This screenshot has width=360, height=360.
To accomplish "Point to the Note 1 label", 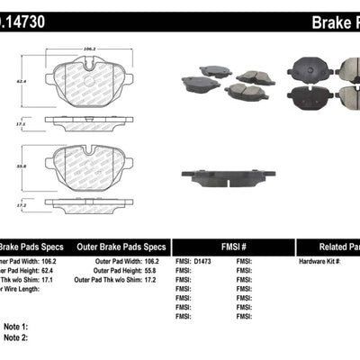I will tap(16, 326).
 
